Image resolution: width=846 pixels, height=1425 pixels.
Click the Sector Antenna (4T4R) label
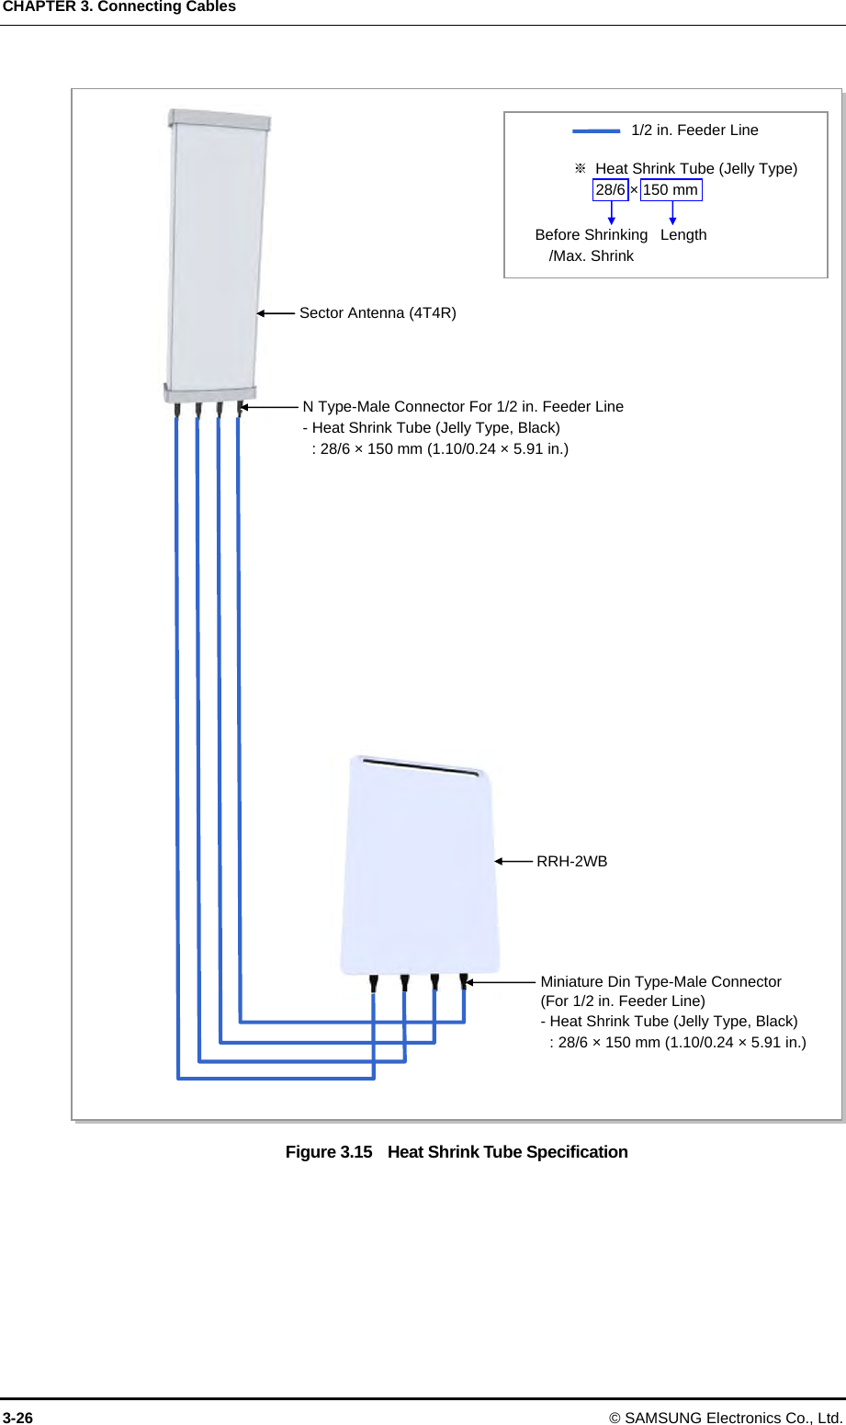coord(378,313)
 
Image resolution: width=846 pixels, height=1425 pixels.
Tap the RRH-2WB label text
coord(571,862)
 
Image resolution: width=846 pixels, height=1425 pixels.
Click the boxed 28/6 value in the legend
coord(610,190)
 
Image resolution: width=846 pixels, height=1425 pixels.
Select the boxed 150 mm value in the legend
coord(671,190)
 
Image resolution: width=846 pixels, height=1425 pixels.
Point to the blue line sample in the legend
coord(596,131)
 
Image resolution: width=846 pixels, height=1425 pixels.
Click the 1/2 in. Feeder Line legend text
coord(694,130)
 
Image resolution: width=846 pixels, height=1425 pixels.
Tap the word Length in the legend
coord(683,235)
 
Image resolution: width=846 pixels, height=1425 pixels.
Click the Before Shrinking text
coord(591,235)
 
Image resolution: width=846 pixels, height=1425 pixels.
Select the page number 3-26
coord(17,1418)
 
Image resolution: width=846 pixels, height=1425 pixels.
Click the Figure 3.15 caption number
coord(329,1152)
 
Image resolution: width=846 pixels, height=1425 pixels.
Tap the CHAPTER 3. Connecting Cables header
coord(119,7)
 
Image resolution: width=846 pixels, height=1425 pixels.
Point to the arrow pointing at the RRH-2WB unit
coord(513,862)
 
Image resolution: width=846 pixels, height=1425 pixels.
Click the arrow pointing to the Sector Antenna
coord(276,313)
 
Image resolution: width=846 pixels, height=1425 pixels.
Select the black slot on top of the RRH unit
coord(421,767)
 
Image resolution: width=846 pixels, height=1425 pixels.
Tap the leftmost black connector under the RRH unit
coord(374,983)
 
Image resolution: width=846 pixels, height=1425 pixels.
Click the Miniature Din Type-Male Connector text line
coord(660,982)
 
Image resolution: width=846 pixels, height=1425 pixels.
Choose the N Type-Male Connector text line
coord(463,407)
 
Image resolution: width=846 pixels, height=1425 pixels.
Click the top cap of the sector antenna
coord(219,119)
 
